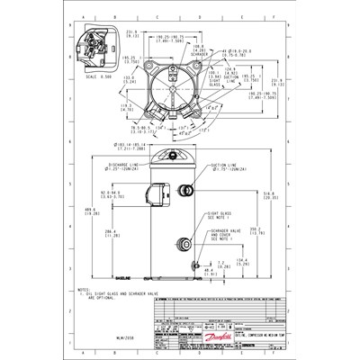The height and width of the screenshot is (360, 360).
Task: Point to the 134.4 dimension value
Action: pyautogui.click(x=241, y=262)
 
